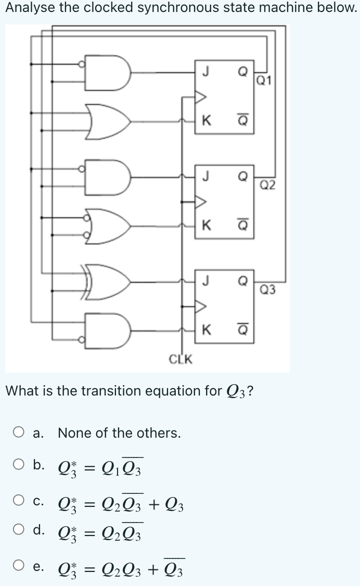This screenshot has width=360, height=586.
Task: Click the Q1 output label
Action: pos(264,80)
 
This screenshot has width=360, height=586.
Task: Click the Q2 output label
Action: pos(268,185)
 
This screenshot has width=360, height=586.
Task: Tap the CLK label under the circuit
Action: pos(181,359)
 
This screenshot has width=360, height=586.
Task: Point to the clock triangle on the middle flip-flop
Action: pos(200,200)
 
